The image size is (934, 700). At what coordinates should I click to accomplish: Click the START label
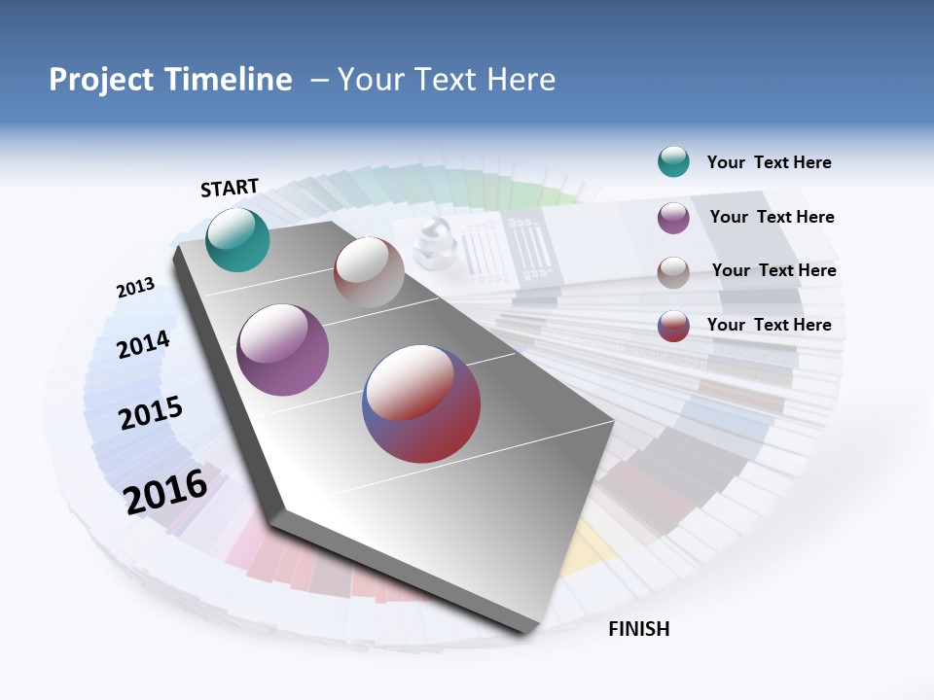click(230, 188)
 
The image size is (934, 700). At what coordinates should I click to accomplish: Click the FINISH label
click(639, 629)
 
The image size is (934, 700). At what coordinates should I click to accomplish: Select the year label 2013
click(135, 288)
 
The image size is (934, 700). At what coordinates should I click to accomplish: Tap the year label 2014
click(143, 344)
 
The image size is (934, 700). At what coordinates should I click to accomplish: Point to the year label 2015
click(151, 413)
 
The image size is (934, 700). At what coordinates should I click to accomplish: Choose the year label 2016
click(165, 492)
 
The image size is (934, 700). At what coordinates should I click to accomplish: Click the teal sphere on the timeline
click(237, 240)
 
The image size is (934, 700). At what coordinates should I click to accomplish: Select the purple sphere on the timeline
click(282, 350)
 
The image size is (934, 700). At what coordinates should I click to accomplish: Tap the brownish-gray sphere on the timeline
click(369, 272)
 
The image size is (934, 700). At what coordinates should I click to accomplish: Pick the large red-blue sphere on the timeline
click(421, 403)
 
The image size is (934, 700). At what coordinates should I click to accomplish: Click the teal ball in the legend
click(673, 161)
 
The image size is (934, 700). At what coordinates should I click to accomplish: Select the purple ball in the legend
click(673, 218)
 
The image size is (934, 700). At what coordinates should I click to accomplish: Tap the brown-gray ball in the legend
click(673, 272)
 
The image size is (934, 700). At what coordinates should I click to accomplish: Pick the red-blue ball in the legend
click(673, 326)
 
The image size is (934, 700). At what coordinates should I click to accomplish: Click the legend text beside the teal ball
click(769, 162)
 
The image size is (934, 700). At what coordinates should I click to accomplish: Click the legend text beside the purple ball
click(772, 217)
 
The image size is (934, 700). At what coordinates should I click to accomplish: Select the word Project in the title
click(101, 80)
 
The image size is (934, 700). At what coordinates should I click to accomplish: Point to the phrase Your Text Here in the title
click(447, 80)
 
